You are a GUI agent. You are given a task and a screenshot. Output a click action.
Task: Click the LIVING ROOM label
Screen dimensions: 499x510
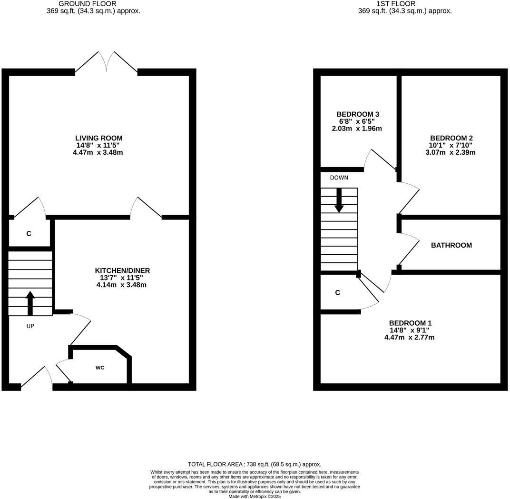[x=102, y=138]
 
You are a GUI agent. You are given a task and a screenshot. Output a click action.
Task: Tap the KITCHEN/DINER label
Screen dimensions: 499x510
[x=122, y=270]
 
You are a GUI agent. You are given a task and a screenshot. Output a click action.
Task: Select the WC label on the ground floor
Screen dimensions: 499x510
[x=100, y=368]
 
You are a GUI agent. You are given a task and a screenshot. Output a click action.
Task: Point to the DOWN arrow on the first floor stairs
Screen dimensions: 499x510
[x=339, y=200]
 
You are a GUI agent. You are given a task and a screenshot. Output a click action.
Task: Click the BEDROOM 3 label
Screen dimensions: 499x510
[x=358, y=114]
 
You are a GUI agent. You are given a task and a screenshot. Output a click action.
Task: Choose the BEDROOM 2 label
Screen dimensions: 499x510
[x=451, y=138]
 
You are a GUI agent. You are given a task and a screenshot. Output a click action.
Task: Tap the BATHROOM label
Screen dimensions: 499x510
[x=451, y=245]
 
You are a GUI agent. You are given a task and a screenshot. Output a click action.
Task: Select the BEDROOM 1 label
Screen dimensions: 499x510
[x=410, y=323]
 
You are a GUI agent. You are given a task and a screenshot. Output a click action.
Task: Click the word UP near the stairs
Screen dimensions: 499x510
[x=30, y=326]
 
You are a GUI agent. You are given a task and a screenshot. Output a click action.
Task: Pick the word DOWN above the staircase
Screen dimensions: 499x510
[x=339, y=178]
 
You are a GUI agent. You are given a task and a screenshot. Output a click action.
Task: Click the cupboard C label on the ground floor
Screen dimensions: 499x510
[x=29, y=234]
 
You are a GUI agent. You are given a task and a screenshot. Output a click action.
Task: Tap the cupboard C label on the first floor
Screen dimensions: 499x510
[x=338, y=293]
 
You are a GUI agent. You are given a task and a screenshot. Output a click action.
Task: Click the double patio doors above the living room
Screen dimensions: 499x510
[x=107, y=63]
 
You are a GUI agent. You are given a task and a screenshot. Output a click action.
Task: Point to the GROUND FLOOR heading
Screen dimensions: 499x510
[x=87, y=4]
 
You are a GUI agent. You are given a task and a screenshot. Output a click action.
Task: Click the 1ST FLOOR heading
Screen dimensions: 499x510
[x=389, y=4]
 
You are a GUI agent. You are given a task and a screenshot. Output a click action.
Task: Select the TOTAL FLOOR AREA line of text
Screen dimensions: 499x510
[x=255, y=464]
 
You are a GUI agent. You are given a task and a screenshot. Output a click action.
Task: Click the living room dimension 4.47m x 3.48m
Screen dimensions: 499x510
[x=102, y=152]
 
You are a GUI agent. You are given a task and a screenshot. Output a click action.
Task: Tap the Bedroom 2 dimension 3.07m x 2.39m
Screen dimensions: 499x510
[x=451, y=152]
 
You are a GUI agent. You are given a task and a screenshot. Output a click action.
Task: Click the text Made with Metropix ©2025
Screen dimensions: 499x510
[x=255, y=496]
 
